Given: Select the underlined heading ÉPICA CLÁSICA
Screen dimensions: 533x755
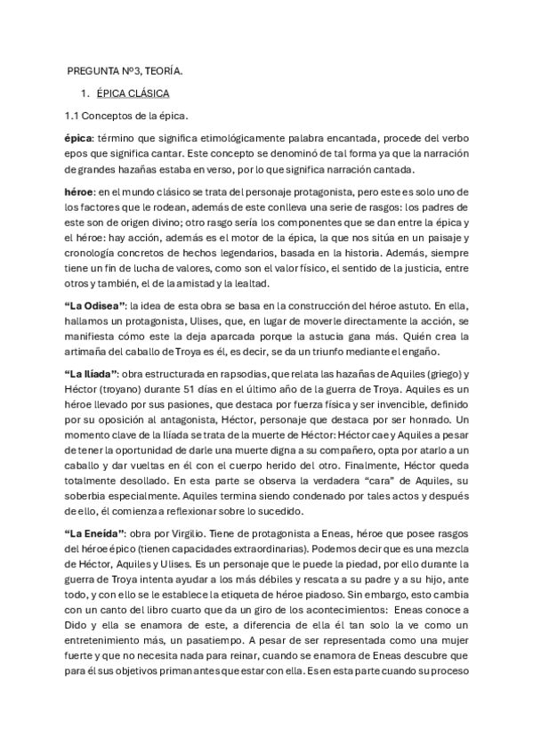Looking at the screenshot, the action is click(134, 93).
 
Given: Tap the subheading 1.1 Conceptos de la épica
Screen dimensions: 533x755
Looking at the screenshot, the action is click(125, 116).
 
